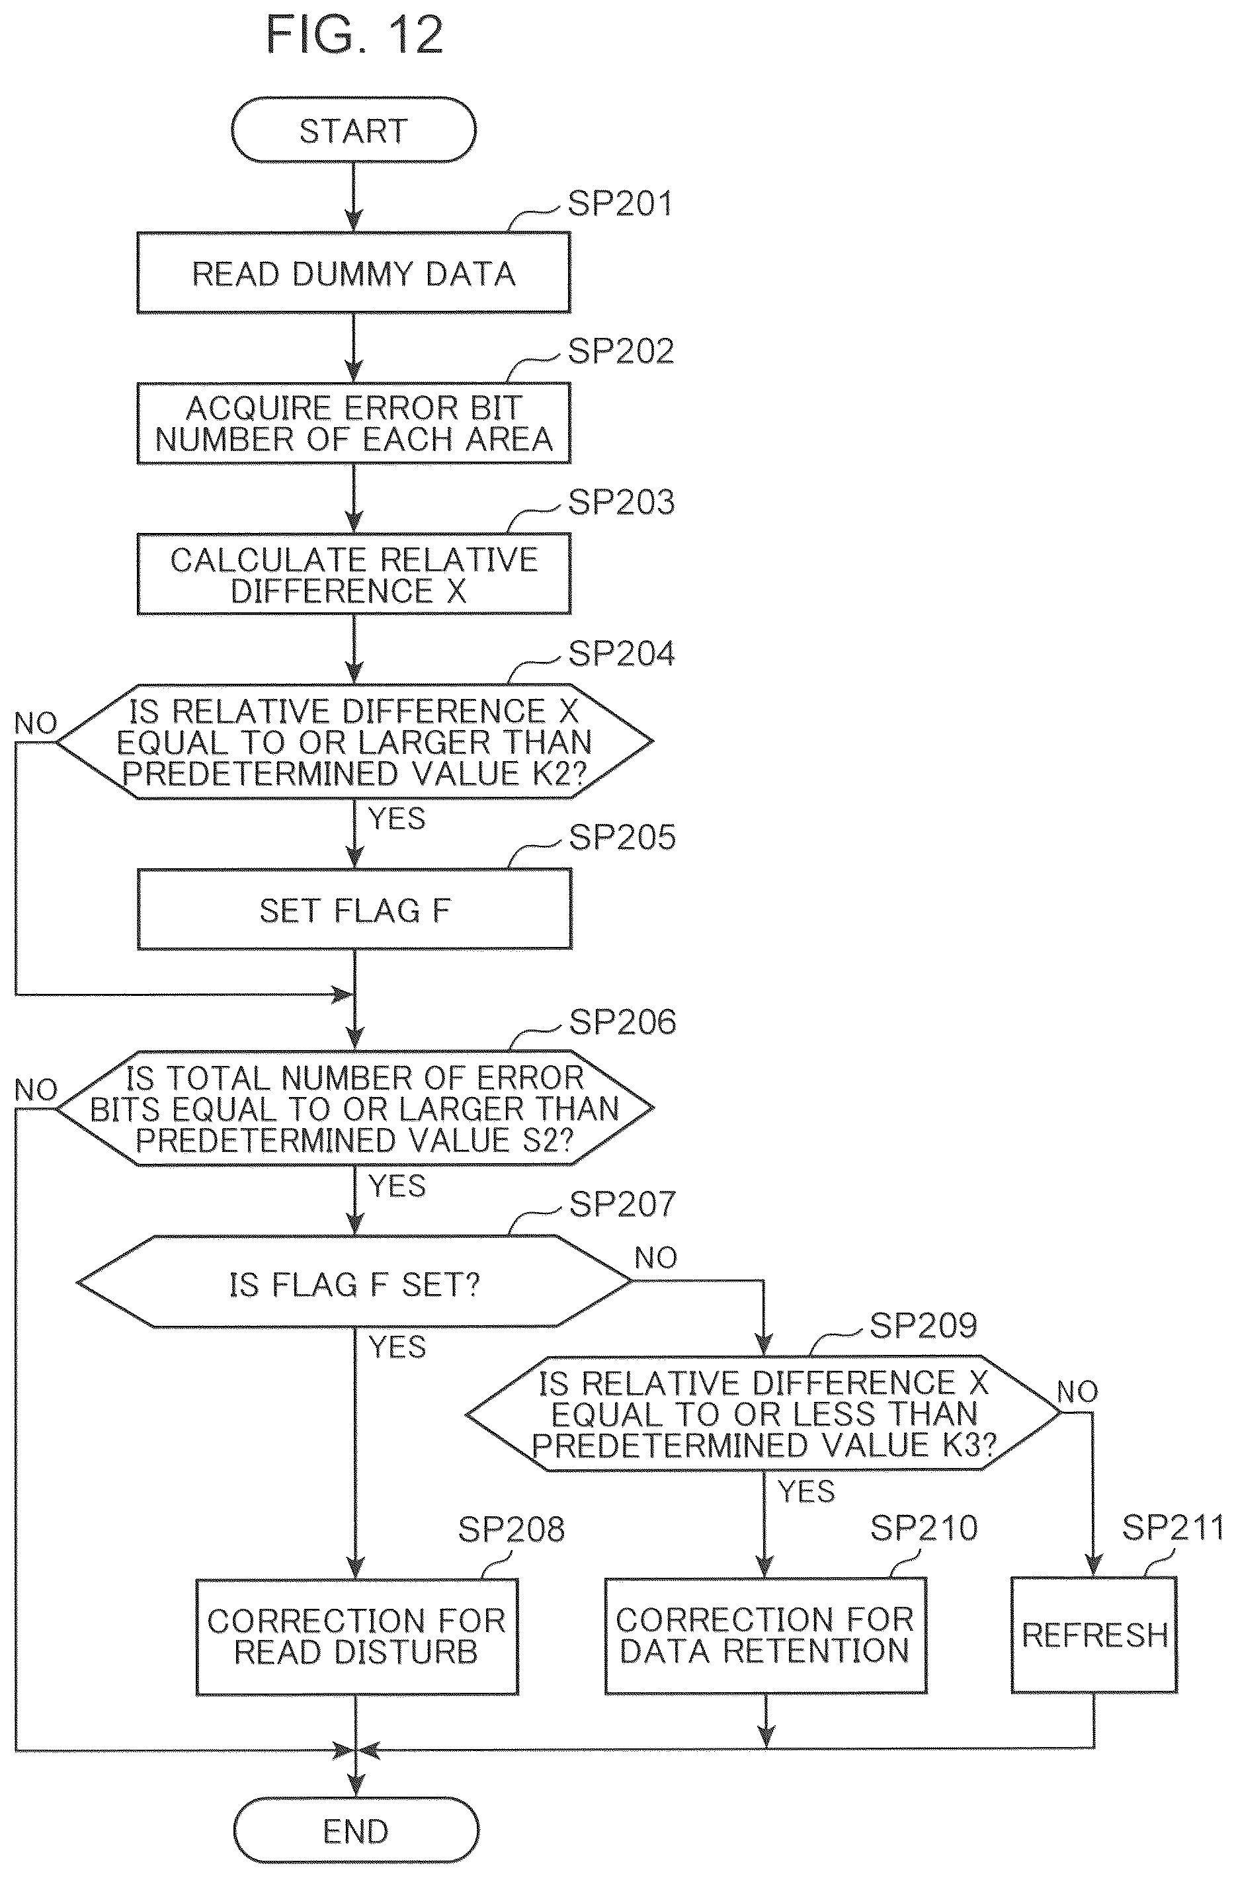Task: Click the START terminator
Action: tap(354, 130)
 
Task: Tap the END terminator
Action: tap(356, 1830)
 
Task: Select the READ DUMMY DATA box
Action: tap(354, 273)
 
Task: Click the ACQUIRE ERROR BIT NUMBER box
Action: tap(354, 424)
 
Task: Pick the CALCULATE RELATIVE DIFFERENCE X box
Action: tap(354, 575)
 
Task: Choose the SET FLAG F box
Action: tap(354, 910)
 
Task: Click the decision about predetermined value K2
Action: tap(354, 742)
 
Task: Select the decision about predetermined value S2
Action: tap(355, 1109)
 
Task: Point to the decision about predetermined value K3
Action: tap(764, 1413)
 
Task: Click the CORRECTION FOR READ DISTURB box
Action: tap(356, 1636)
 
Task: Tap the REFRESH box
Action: tap(1094, 1635)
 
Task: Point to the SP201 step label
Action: tap(620, 204)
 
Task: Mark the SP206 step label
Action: tap(623, 1022)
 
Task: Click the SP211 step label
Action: tap(1173, 1528)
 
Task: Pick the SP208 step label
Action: tap(511, 1530)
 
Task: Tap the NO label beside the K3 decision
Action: tap(1077, 1391)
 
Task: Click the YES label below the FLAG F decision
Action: tap(397, 1347)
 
